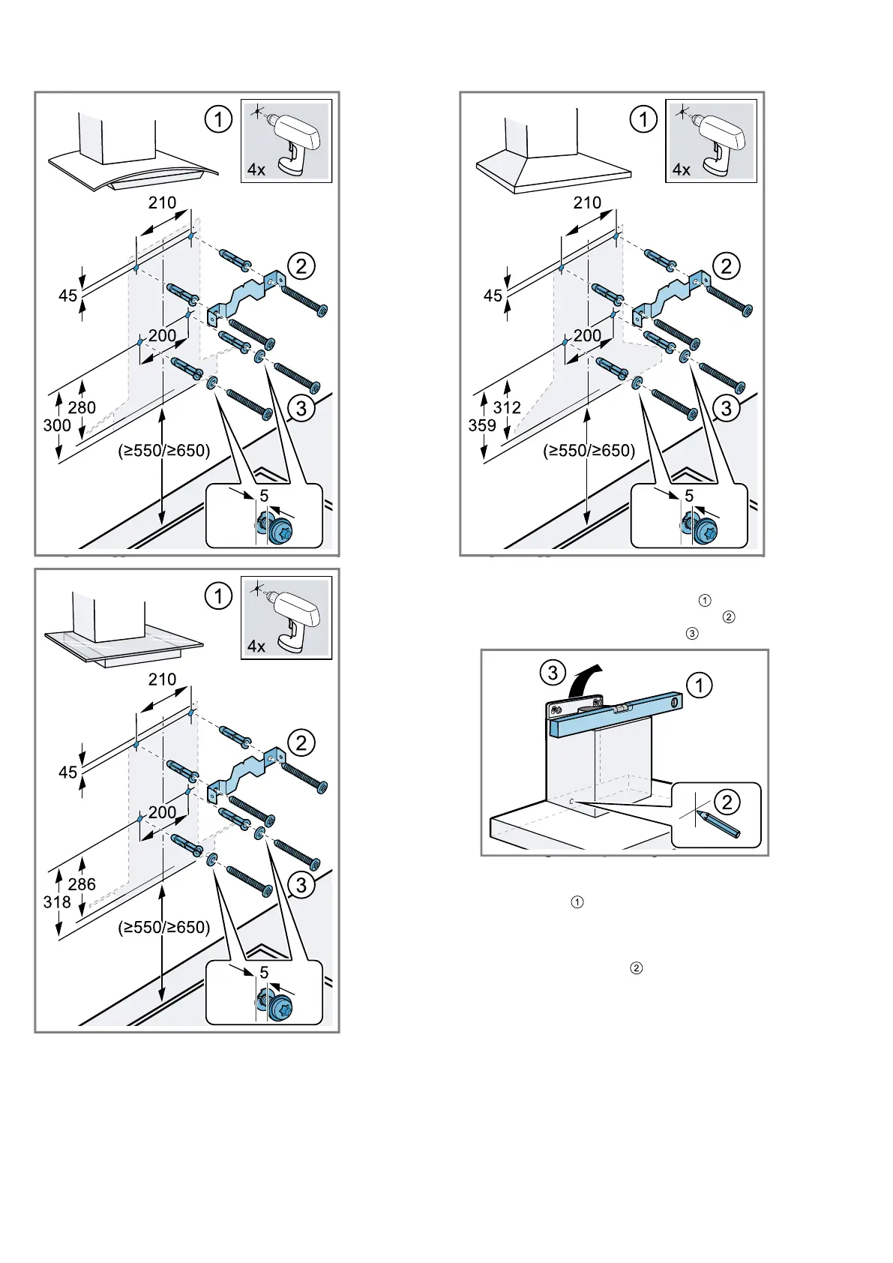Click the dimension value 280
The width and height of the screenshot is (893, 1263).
pos(82,407)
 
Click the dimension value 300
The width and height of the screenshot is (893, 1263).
pos(57,425)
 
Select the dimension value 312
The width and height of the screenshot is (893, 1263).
pos(507,407)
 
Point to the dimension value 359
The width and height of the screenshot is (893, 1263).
pos(482,425)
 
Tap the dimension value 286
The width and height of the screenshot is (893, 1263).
pos(82,884)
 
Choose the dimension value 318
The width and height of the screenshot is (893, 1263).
pos(57,902)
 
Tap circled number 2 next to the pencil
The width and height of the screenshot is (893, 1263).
pos(727,802)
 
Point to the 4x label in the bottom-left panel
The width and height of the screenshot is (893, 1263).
pos(256,646)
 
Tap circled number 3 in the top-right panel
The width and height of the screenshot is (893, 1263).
pos(726,408)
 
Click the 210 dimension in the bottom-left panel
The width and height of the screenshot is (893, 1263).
pos(162,679)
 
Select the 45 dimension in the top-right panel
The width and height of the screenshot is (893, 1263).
pos(493,295)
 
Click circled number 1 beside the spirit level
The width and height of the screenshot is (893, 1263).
pos(700,685)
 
